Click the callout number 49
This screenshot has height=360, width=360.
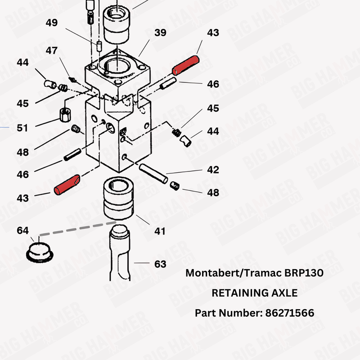(x=51, y=22)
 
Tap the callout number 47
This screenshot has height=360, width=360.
(x=51, y=51)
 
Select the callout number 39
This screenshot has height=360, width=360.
(x=160, y=32)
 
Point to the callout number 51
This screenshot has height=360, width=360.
(x=22, y=128)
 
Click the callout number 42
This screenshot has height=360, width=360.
(x=213, y=170)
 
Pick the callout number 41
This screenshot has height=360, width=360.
(x=160, y=231)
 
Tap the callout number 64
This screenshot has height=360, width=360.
(x=22, y=230)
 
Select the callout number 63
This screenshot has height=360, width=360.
(x=160, y=264)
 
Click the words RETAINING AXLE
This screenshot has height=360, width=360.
(x=254, y=293)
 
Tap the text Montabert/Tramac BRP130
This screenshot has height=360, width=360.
(x=254, y=273)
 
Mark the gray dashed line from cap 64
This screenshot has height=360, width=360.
(x=76, y=228)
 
